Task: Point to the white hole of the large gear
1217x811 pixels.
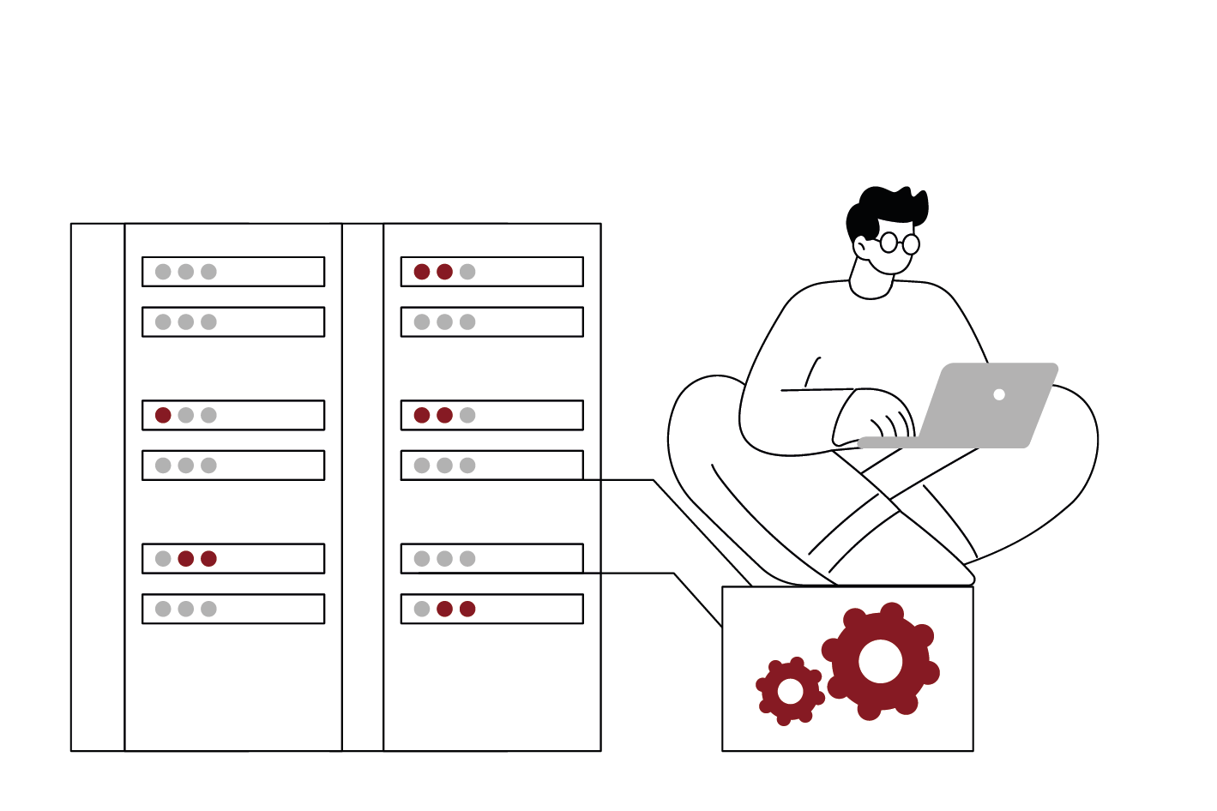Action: point(881,661)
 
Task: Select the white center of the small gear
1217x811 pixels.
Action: point(790,691)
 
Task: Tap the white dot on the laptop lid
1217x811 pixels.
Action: point(999,394)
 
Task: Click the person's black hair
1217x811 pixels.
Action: point(883,206)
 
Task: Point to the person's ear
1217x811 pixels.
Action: point(861,247)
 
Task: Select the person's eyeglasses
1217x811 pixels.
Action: point(899,243)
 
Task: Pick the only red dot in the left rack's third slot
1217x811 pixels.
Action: point(163,415)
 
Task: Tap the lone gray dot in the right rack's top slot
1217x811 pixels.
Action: point(467,272)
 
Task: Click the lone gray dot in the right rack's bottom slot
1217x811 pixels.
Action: point(422,609)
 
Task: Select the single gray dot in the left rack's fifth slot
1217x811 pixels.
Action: point(163,559)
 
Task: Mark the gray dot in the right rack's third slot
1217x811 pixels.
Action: point(467,415)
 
